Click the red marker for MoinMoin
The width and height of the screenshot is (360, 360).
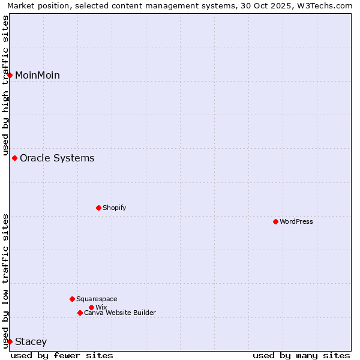pyautogui.click(x=10, y=75)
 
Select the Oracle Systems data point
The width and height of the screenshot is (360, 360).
pyautogui.click(x=14, y=158)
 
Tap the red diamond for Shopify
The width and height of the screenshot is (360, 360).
pyautogui.click(x=98, y=208)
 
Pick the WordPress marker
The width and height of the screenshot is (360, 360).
pyautogui.click(x=275, y=221)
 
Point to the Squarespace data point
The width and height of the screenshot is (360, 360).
pyautogui.click(x=72, y=299)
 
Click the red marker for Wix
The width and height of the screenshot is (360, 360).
pyautogui.click(x=91, y=307)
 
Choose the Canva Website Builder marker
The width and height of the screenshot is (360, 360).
pyautogui.click(x=80, y=313)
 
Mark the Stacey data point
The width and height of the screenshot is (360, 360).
pyautogui.click(x=10, y=341)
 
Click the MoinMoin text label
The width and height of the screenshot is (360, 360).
pyautogui.click(x=37, y=75)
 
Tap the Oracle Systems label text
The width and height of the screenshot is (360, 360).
pyautogui.click(x=57, y=158)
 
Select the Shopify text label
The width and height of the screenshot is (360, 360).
pyautogui.click(x=114, y=208)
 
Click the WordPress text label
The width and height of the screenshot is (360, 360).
pyautogui.click(x=296, y=221)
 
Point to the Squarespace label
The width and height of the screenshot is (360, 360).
pyautogui.click(x=97, y=299)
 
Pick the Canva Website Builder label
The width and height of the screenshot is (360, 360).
pyautogui.click(x=120, y=313)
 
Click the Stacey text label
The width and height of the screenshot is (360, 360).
pyautogui.click(x=31, y=341)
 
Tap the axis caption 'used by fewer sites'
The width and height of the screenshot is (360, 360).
pyautogui.click(x=62, y=355)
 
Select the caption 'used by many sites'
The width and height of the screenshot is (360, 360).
pyautogui.click(x=301, y=355)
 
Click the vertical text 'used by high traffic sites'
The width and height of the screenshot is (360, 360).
pyautogui.click(x=5, y=85)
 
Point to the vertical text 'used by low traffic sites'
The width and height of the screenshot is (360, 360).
pyautogui.click(x=5, y=281)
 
